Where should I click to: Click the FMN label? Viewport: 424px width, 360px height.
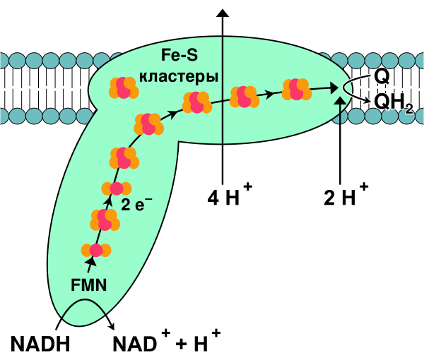(89, 285)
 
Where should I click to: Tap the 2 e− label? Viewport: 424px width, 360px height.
(136, 205)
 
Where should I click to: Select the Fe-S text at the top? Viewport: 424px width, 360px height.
(179, 55)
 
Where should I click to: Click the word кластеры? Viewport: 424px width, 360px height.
(179, 76)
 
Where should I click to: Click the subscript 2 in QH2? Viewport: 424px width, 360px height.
(408, 109)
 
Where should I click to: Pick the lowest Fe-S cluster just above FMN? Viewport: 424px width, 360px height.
(96, 250)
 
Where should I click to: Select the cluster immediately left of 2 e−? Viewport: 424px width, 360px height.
(117, 188)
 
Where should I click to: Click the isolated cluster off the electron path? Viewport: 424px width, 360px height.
(124, 88)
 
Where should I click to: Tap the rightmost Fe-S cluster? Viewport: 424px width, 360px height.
(297, 90)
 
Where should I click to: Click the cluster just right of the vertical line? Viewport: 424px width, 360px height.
(245, 97)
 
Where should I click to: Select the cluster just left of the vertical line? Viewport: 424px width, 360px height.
(196, 102)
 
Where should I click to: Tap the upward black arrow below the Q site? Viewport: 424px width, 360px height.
(340, 109)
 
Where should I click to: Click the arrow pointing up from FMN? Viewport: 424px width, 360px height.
(90, 264)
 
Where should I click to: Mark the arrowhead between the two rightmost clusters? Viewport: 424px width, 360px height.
(269, 93)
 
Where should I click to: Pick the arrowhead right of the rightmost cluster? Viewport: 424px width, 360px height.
(334, 88)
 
